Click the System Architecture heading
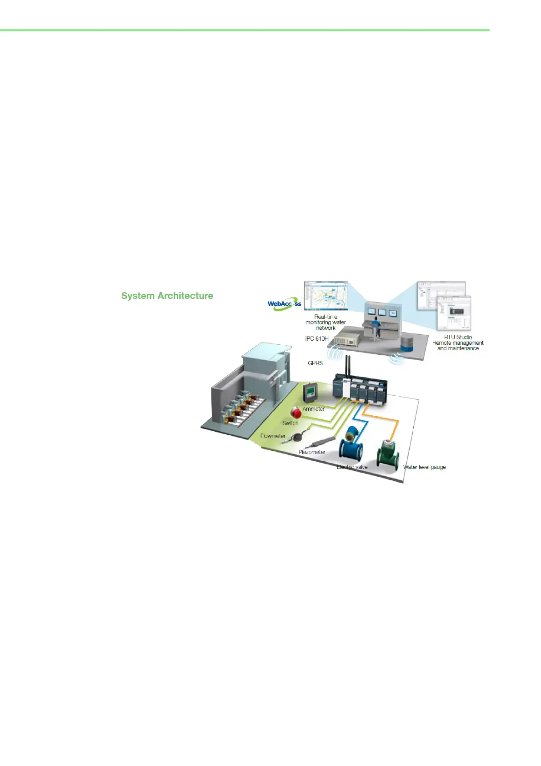(x=167, y=296)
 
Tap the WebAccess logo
(x=284, y=304)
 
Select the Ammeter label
(x=314, y=409)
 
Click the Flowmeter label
(x=273, y=436)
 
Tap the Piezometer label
(x=312, y=452)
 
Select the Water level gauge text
(x=424, y=467)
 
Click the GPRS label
(x=316, y=363)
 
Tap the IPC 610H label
(x=317, y=339)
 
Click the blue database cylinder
(x=407, y=343)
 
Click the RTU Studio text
(x=458, y=337)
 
